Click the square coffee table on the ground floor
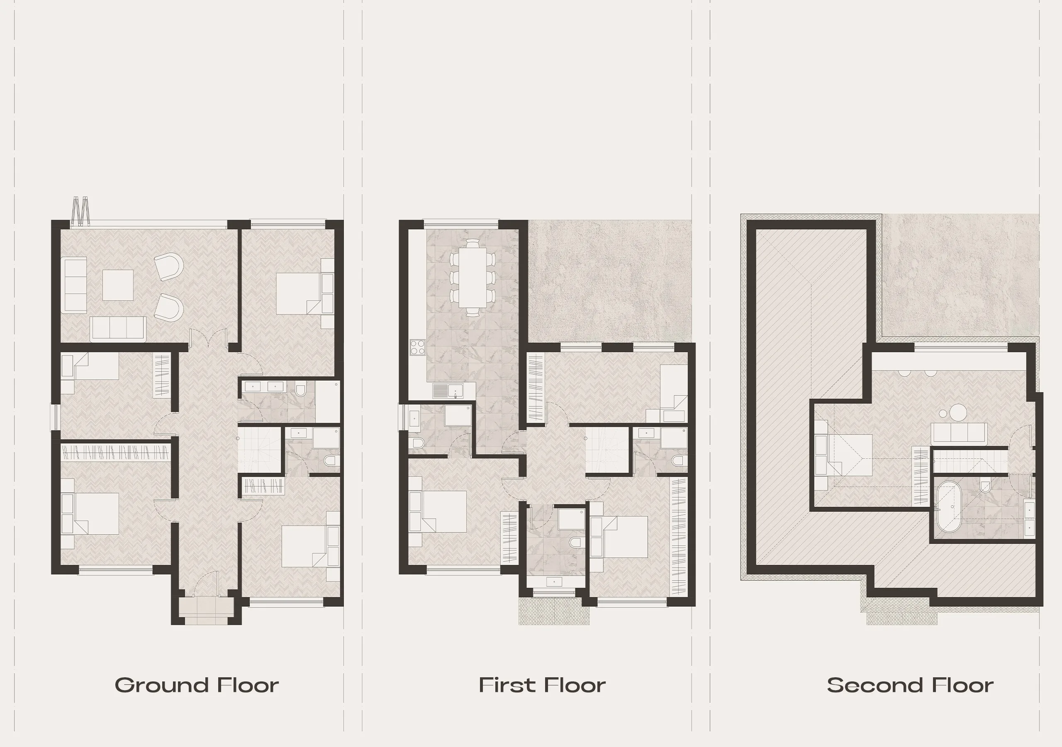(x=118, y=285)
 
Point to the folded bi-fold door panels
(x=80, y=211)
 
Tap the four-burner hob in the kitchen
(x=417, y=347)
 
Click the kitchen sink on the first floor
(x=448, y=391)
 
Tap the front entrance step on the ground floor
(x=204, y=607)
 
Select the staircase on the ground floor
(x=259, y=450)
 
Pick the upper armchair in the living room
(x=169, y=266)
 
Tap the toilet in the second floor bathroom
(x=985, y=486)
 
